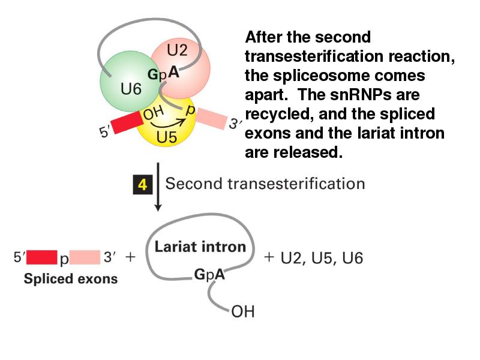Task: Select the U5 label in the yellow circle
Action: tap(166, 137)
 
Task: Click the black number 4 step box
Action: tap(142, 184)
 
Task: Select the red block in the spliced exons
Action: tap(41, 258)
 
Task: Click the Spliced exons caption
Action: tap(71, 279)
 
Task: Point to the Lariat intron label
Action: tap(200, 247)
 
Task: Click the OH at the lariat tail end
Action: tap(243, 312)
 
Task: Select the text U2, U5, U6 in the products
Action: tap(322, 258)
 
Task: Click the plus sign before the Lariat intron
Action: tap(130, 258)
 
